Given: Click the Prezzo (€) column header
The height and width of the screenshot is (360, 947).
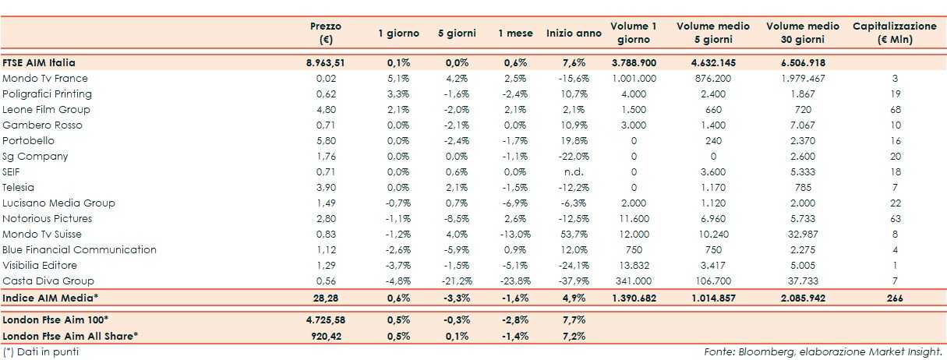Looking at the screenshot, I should coord(325,33).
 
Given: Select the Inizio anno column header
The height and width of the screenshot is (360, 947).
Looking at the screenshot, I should coord(574,34).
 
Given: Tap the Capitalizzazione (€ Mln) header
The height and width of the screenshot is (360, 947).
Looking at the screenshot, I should coord(894,33).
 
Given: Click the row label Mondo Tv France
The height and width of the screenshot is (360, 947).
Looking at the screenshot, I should coord(45,79).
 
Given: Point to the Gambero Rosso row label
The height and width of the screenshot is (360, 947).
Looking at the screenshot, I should coord(42,125).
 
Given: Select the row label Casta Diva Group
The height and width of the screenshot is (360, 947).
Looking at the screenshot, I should coord(48,281).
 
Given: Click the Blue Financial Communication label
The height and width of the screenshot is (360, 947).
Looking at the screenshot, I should coord(80,250).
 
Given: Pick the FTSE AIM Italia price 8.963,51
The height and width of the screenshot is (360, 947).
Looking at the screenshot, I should coord(325,63).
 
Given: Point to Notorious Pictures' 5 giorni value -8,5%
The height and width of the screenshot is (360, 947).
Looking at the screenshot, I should coord(458,219).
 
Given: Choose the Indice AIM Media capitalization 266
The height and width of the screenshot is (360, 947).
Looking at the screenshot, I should coord(895,297).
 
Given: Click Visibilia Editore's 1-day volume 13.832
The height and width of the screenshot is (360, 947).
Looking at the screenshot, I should coord(634,266).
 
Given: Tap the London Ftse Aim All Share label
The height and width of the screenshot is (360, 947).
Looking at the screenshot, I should coord(71,335).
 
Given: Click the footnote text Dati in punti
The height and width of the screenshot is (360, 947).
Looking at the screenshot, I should coord(47,351).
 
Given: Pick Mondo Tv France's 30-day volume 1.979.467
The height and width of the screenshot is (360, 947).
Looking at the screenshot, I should coord(803,79).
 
